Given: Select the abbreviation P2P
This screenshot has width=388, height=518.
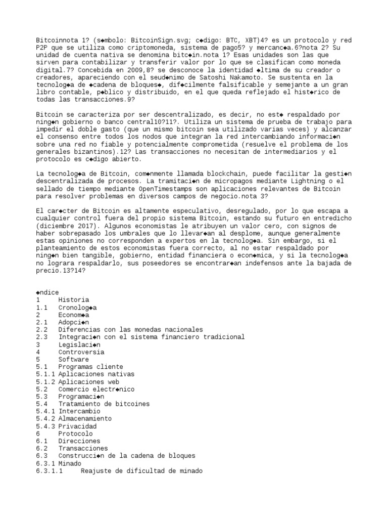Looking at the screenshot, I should [41, 48].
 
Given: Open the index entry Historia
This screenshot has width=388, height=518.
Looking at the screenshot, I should [73, 300].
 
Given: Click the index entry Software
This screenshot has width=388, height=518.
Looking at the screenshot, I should [73, 359].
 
